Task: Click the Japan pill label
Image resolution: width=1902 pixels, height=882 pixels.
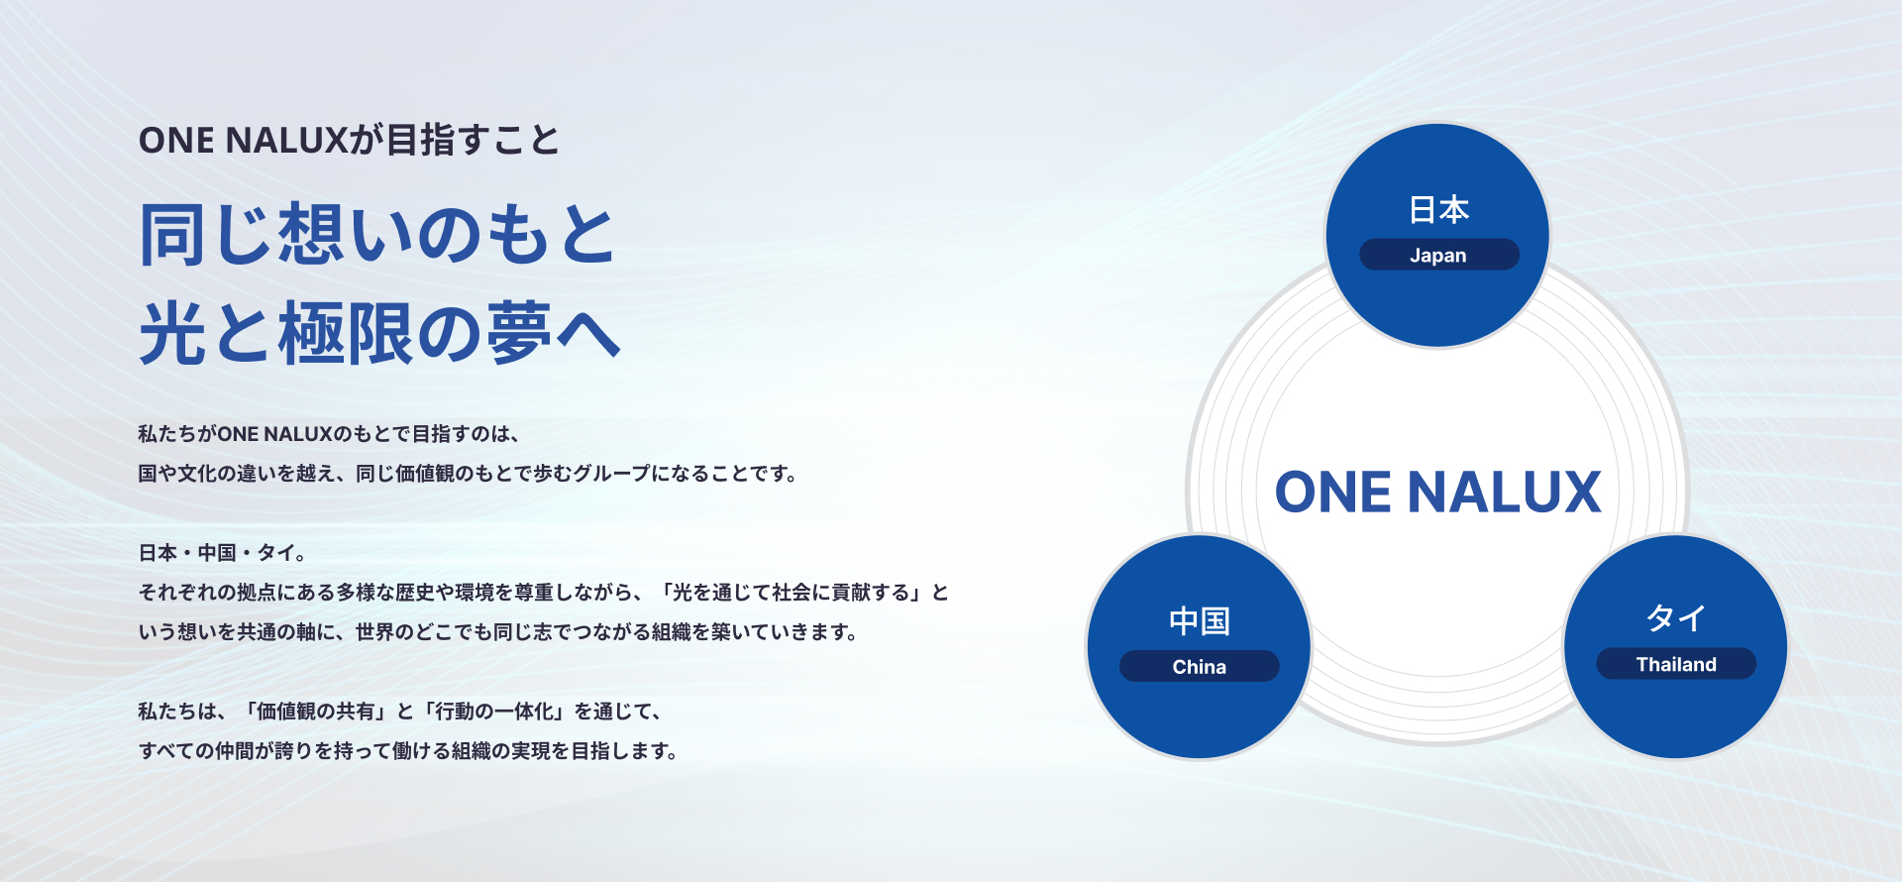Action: (x=1438, y=255)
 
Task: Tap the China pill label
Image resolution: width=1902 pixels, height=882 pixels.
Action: (x=1199, y=666)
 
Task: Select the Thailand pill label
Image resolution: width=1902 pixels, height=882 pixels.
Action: (x=1676, y=664)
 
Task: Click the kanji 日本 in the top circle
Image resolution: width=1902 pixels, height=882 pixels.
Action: (x=1438, y=210)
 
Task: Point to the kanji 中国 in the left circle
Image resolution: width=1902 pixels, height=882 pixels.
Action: (x=1199, y=621)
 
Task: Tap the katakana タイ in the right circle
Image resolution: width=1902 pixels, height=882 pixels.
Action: (x=1676, y=618)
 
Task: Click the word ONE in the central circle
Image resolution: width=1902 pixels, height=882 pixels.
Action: (x=1333, y=493)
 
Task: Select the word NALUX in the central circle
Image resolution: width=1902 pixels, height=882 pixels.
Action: (x=1504, y=493)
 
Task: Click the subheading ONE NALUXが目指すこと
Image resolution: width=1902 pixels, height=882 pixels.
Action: (x=349, y=140)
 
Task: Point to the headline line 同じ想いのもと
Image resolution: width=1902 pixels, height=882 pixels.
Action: (x=377, y=234)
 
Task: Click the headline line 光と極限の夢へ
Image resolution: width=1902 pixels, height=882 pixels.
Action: (x=379, y=333)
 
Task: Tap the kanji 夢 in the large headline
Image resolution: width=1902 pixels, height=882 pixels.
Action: (x=519, y=333)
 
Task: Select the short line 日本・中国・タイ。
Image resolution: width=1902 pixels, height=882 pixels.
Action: (x=223, y=553)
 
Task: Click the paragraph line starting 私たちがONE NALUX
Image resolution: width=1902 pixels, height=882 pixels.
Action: (x=330, y=434)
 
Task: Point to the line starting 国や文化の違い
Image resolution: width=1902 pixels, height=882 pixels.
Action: (x=469, y=474)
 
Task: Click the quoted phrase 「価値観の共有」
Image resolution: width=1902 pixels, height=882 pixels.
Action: (x=315, y=712)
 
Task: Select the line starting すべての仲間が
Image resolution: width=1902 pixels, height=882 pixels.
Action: (x=409, y=751)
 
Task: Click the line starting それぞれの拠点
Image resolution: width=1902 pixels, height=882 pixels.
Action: (x=544, y=593)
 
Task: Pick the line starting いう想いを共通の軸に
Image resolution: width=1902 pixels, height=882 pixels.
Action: (x=498, y=632)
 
